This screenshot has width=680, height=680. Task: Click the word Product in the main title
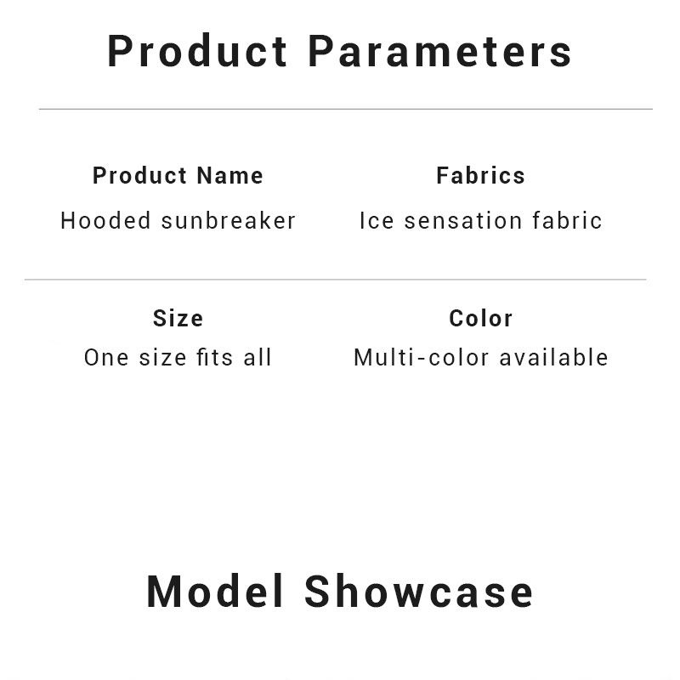[197, 51]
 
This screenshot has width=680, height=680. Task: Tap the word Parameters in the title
[439, 51]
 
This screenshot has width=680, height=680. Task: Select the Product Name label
[178, 176]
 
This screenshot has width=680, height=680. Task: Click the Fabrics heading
[480, 176]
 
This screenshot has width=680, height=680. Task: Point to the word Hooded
[105, 220]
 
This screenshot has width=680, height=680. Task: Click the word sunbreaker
[229, 220]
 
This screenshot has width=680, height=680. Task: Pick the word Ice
[377, 220]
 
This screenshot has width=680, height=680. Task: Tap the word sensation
[463, 220]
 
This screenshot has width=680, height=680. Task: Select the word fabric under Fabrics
[567, 220]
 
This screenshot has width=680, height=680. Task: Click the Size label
[178, 318]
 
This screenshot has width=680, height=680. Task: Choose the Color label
[480, 318]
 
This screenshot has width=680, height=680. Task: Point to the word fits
[215, 357]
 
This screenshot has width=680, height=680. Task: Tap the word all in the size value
[258, 357]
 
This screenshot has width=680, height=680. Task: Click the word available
[554, 357]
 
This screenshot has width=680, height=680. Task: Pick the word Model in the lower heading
[215, 592]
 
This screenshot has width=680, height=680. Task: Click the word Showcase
[418, 592]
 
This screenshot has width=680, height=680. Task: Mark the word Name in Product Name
[229, 176]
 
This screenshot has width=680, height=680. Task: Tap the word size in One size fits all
[162, 358]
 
